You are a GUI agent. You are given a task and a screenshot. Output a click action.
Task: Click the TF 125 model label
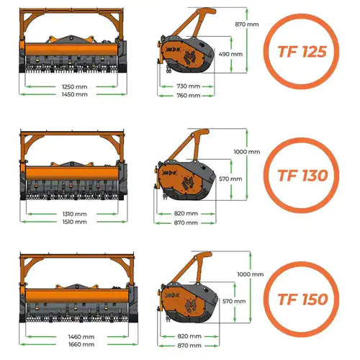(x=302, y=52)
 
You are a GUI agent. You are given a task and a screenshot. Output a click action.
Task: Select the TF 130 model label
(x=302, y=176)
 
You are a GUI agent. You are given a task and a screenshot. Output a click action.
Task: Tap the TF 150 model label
(x=302, y=300)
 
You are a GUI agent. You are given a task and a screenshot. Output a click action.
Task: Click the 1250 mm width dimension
(x=75, y=86)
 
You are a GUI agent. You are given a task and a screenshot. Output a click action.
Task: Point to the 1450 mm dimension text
(x=75, y=94)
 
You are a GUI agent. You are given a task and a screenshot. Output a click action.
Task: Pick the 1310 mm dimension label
(x=75, y=214)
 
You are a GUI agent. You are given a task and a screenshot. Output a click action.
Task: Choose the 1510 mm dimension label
(x=75, y=222)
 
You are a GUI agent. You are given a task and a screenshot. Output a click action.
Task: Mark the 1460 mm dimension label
(x=81, y=337)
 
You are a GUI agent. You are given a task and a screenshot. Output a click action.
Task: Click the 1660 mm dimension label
(x=81, y=344)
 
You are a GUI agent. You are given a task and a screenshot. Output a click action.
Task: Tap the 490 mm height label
(x=230, y=54)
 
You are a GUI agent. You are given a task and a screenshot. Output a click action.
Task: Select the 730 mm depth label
(x=189, y=86)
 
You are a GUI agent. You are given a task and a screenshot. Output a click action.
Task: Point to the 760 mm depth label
(x=189, y=96)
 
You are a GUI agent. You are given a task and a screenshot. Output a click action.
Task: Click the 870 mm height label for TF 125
(x=247, y=24)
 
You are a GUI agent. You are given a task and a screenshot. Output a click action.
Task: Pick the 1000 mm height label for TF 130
(x=247, y=152)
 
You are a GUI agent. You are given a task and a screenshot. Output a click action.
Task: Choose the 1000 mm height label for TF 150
(x=251, y=274)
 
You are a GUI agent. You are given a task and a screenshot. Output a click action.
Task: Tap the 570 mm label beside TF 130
(x=230, y=179)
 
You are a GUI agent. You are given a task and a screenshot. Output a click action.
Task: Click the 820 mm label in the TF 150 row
(x=189, y=336)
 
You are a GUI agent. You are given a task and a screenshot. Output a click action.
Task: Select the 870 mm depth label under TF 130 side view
(x=186, y=222)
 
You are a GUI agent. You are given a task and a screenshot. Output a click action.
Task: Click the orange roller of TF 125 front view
(x=71, y=50)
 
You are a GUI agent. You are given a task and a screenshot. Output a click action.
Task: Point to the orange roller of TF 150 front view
(x=77, y=296)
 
